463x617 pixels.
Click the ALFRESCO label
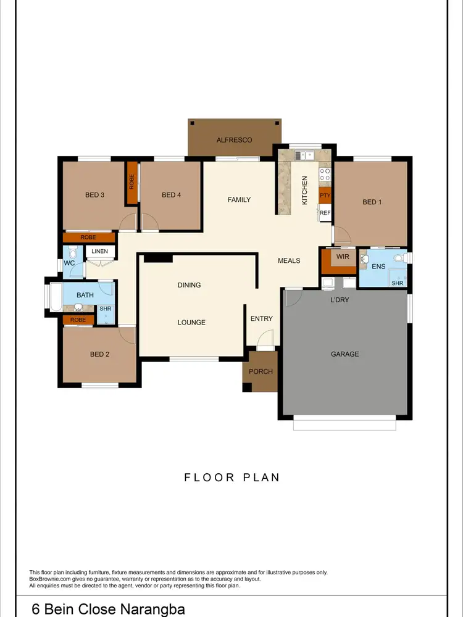[234, 140]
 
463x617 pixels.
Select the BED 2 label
[99, 354]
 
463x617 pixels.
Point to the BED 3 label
[94, 195]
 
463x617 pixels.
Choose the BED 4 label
[171, 195]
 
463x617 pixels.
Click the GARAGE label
[344, 354]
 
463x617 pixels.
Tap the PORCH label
[261, 371]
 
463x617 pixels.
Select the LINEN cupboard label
[100, 251]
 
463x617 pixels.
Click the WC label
[69, 263]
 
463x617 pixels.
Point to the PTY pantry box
[325, 196]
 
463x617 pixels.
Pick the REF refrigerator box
[325, 213]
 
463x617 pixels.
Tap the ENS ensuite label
[378, 267]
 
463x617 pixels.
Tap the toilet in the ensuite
[399, 257]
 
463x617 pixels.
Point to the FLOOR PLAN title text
[232, 477]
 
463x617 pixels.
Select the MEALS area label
[289, 260]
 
